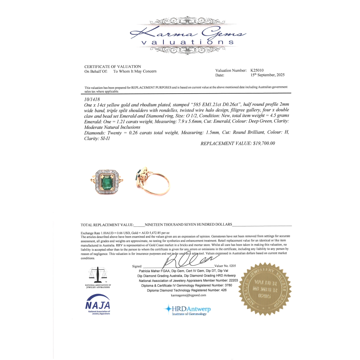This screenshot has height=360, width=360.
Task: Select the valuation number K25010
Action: point(258,71)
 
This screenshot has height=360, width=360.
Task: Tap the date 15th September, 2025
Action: point(267,75)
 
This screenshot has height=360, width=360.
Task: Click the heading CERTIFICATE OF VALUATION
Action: point(113,67)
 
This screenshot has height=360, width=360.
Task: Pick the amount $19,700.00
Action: point(262,143)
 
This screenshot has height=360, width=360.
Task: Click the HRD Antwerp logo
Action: point(187,310)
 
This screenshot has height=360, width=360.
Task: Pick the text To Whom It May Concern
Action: point(135,71)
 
